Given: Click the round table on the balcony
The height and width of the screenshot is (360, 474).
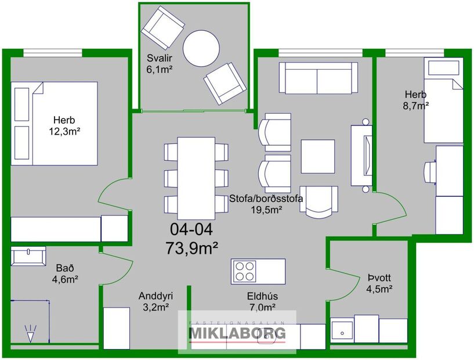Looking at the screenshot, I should [x=201, y=47].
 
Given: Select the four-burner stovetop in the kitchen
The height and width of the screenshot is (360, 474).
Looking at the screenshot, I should [x=245, y=269].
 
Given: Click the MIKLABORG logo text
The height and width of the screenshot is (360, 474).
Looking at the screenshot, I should [x=238, y=333].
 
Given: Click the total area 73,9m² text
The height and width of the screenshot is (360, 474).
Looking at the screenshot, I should [x=191, y=248].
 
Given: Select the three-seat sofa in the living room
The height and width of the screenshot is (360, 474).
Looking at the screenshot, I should [x=318, y=78].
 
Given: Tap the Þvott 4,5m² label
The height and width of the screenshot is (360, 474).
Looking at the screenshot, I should [x=379, y=283].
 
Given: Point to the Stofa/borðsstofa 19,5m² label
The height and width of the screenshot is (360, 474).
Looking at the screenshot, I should [x=266, y=203].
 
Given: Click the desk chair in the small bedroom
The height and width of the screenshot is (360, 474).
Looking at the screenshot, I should [x=430, y=172].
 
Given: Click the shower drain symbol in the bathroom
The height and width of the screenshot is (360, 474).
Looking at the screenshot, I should [x=30, y=334].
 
